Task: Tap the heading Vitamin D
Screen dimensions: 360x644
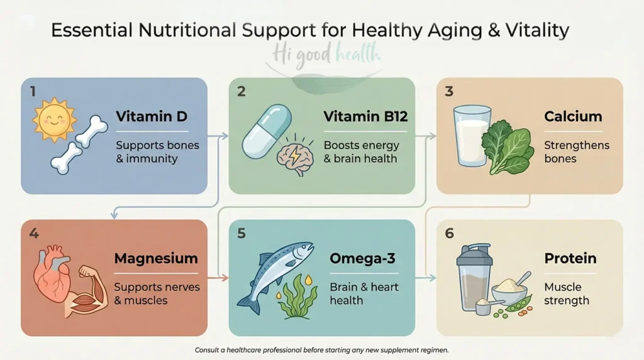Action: tap(152, 116)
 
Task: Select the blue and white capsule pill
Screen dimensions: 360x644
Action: tap(266, 131)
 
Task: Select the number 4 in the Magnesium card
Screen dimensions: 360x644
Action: tap(34, 233)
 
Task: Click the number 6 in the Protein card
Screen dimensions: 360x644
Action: tap(449, 233)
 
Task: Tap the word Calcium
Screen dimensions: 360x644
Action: tap(573, 116)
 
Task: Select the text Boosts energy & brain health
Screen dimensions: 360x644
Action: tap(361, 152)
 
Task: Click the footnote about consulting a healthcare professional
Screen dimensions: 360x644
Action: tap(322, 350)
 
